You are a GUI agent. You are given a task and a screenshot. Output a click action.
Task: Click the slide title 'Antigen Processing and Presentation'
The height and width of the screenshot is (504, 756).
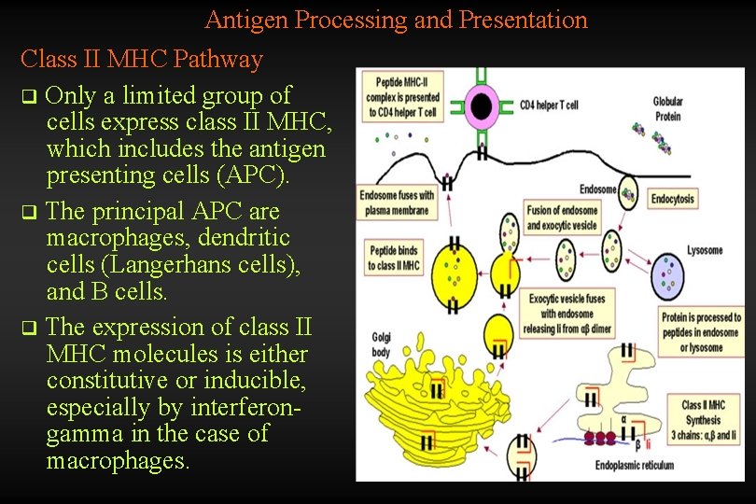396,20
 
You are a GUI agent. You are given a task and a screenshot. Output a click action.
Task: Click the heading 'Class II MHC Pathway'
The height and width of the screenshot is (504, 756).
142,60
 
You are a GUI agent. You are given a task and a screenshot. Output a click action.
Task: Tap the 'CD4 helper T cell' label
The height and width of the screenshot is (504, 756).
549,105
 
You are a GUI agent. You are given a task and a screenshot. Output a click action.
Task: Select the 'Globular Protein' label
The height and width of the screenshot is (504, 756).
667,109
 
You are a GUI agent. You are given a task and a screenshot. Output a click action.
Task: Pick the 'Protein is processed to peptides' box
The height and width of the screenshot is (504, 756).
702,332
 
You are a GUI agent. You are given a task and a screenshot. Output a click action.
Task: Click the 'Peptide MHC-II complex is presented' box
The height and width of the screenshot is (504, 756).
408,98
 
